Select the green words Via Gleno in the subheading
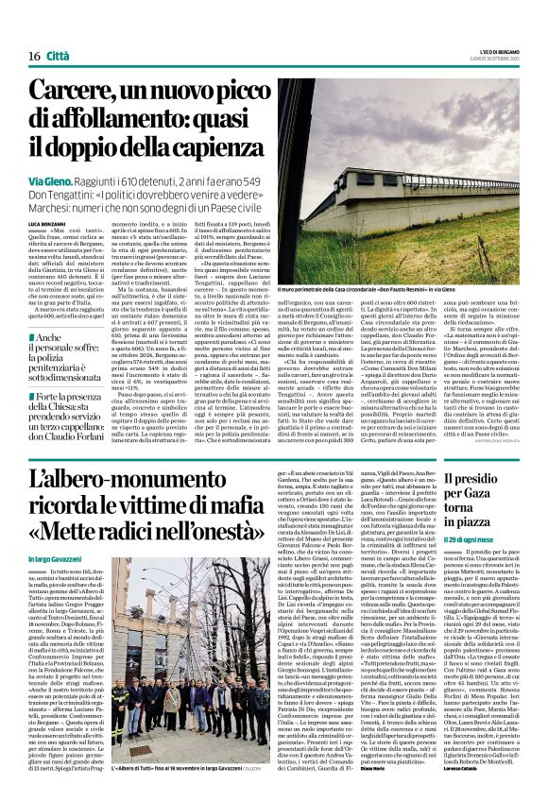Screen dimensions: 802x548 (52, 179)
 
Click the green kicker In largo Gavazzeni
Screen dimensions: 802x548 (57, 559)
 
